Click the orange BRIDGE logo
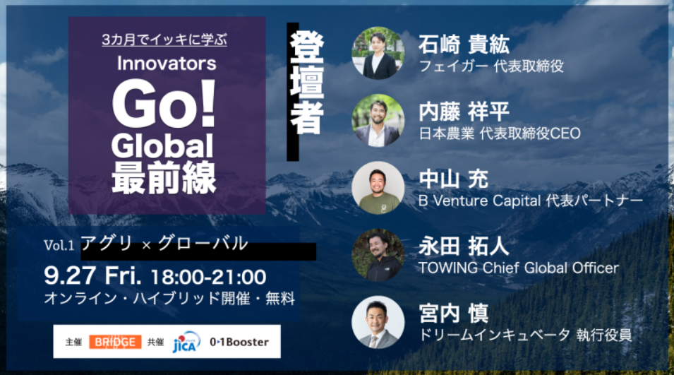point(115,342)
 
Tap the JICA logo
point(186,342)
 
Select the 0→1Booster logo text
point(239,342)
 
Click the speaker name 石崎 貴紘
point(464,44)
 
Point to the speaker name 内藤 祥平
point(464,112)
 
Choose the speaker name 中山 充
point(454,179)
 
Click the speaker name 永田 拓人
point(464,246)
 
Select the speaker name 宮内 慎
point(454,314)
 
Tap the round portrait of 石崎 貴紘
point(378,53)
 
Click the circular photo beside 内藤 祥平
point(378,121)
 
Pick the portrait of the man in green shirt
point(378,188)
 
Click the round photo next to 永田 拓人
point(378,255)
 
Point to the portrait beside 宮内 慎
point(378,322)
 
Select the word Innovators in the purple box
point(167,64)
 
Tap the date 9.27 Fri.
point(92,275)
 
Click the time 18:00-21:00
point(209,277)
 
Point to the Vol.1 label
point(59,246)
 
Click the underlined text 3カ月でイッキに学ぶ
point(164,40)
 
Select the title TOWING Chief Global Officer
point(519,268)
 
